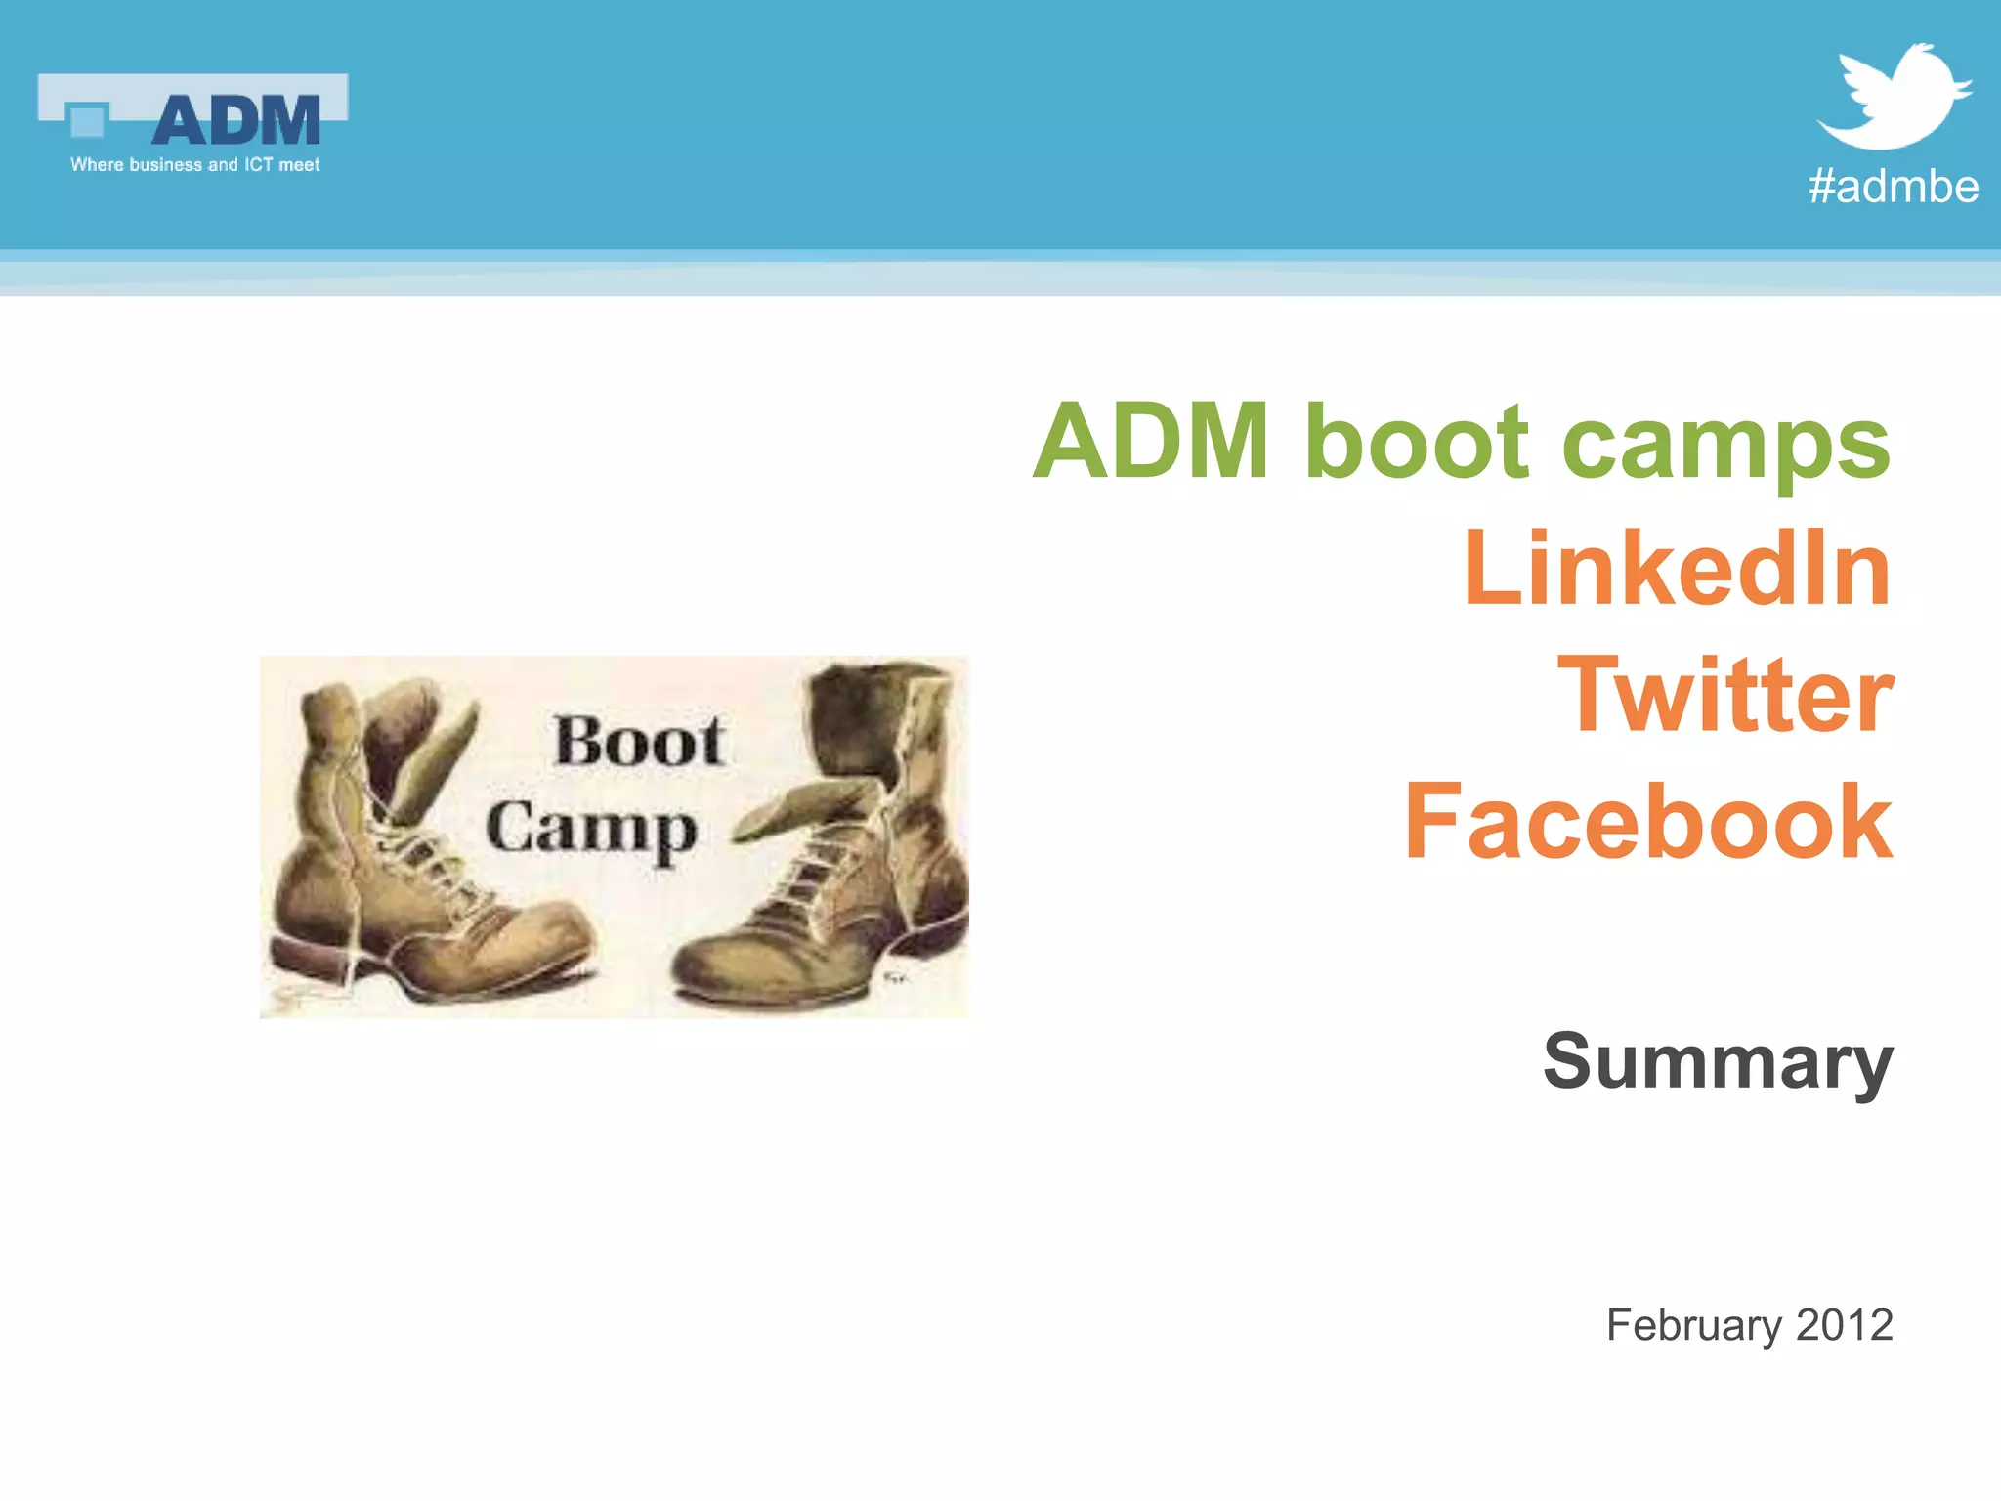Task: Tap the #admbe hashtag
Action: click(x=1893, y=186)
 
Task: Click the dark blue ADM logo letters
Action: click(x=236, y=121)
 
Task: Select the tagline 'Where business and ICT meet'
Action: click(x=194, y=165)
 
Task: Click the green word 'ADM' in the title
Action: click(x=1151, y=442)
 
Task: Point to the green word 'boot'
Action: click(x=1416, y=442)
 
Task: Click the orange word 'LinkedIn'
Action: click(x=1677, y=569)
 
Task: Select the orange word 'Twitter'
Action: click(x=1725, y=695)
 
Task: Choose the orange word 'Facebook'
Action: click(x=1648, y=823)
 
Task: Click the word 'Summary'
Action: click(x=1718, y=1062)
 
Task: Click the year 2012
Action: click(x=1844, y=1325)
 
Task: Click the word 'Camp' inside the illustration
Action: click(x=591, y=830)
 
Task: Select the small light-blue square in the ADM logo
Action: click(x=87, y=121)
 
